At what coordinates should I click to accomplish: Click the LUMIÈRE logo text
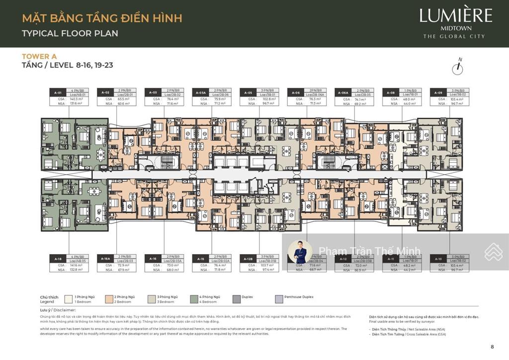pyautogui.click(x=456, y=15)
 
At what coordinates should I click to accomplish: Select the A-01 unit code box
pyautogui.click(x=58, y=92)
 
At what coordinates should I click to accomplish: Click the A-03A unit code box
pyautogui.click(x=201, y=92)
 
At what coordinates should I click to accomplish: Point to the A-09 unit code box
pyautogui.click(x=438, y=92)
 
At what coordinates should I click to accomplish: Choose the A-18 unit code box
pyautogui.click(x=58, y=259)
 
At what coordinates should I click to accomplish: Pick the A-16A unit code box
pyautogui.click(x=105, y=259)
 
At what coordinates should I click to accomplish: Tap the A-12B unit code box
pyautogui.click(x=248, y=259)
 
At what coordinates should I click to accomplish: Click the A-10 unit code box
pyautogui.click(x=438, y=259)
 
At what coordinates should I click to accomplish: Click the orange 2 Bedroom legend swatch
pyautogui.click(x=109, y=299)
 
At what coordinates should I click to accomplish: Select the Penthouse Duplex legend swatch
pyautogui.click(x=279, y=299)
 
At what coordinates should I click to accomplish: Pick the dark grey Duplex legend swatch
pyautogui.click(x=236, y=299)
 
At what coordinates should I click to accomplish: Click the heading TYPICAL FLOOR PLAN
pyautogui.click(x=70, y=34)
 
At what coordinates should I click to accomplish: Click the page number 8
pyautogui.click(x=492, y=347)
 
